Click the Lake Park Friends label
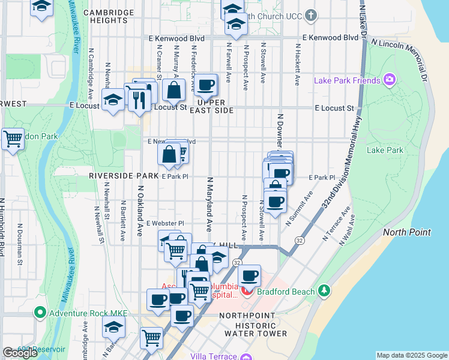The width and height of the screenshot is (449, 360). [348, 80]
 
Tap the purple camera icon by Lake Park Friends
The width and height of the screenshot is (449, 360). [390, 80]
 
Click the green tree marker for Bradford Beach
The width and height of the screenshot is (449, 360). [324, 291]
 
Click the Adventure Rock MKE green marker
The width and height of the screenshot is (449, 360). [40, 312]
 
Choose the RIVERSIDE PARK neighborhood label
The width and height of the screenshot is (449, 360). [123, 176]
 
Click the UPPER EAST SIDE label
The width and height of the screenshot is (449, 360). [211, 106]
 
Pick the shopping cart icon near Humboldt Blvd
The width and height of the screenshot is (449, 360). [13, 139]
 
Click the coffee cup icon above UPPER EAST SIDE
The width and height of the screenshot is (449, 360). [205, 85]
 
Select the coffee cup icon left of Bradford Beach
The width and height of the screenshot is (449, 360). [250, 277]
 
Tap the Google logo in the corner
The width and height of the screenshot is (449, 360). [20, 353]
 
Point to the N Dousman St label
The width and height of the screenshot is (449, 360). [19, 249]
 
